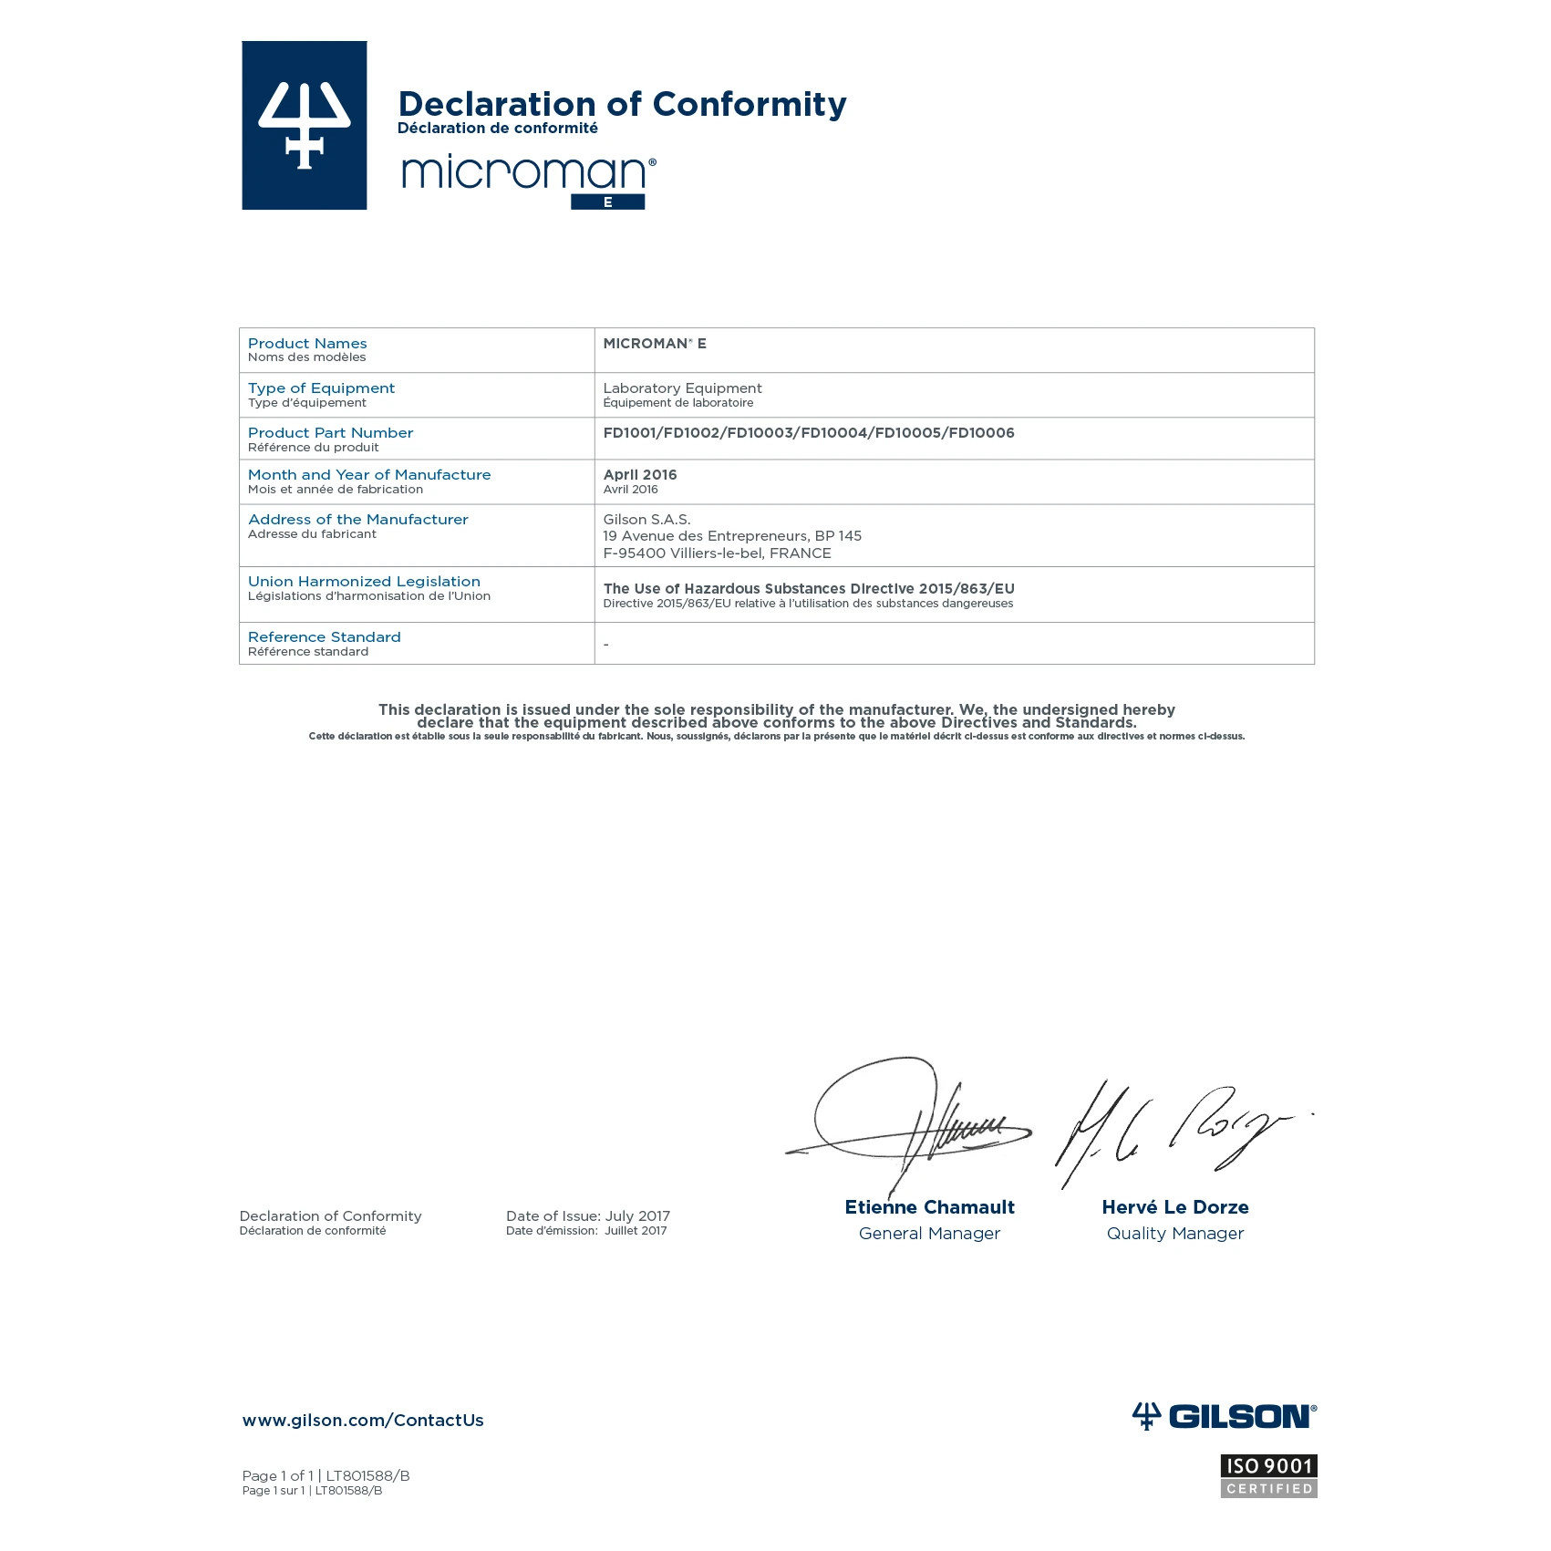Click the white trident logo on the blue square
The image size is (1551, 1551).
tap(305, 125)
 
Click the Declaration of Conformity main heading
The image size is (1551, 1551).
tap(622, 104)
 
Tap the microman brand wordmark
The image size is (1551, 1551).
tap(527, 173)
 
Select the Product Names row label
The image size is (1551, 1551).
tap(307, 344)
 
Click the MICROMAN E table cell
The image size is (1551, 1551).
tap(654, 344)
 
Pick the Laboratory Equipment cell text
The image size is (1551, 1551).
tap(682, 388)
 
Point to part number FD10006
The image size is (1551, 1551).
tap(981, 433)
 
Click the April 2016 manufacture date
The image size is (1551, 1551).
tap(640, 475)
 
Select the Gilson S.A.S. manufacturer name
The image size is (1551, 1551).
tap(646, 520)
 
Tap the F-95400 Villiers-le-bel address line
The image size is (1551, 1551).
tap(717, 553)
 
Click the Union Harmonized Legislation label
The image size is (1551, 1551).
tap(364, 582)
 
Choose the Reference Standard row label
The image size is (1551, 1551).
tap(324, 637)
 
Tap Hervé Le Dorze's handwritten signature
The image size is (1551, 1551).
tap(1176, 1131)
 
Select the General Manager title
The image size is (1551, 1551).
tap(929, 1234)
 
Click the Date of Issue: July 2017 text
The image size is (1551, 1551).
tap(587, 1216)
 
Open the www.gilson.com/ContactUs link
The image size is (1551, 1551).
tap(363, 1421)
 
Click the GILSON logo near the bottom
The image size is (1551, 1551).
tap(1224, 1416)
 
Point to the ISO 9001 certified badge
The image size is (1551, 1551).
tap(1268, 1476)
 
